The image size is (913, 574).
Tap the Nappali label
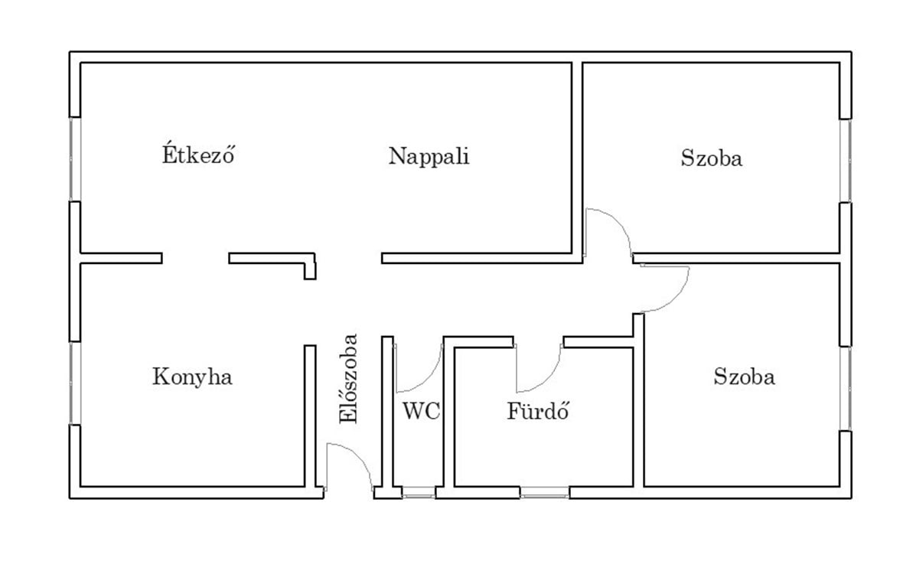pyautogui.click(x=429, y=156)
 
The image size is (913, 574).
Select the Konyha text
pyautogui.click(x=192, y=377)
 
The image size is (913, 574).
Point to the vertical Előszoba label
pyautogui.click(x=349, y=378)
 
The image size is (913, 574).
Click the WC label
pyautogui.click(x=421, y=412)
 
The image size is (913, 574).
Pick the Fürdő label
pyautogui.click(x=539, y=412)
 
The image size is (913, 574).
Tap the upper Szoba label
pyautogui.click(x=711, y=159)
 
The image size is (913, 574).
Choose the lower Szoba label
pyautogui.click(x=744, y=377)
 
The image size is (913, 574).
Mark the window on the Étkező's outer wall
pyautogui.click(x=74, y=159)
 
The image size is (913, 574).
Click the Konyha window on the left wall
pyautogui.click(x=74, y=382)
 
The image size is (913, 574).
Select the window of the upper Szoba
pyautogui.click(x=846, y=160)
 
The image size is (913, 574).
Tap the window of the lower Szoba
pyautogui.click(x=846, y=388)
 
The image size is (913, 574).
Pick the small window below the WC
pyautogui.click(x=419, y=494)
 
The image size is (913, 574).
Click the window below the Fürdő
pyautogui.click(x=545, y=494)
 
